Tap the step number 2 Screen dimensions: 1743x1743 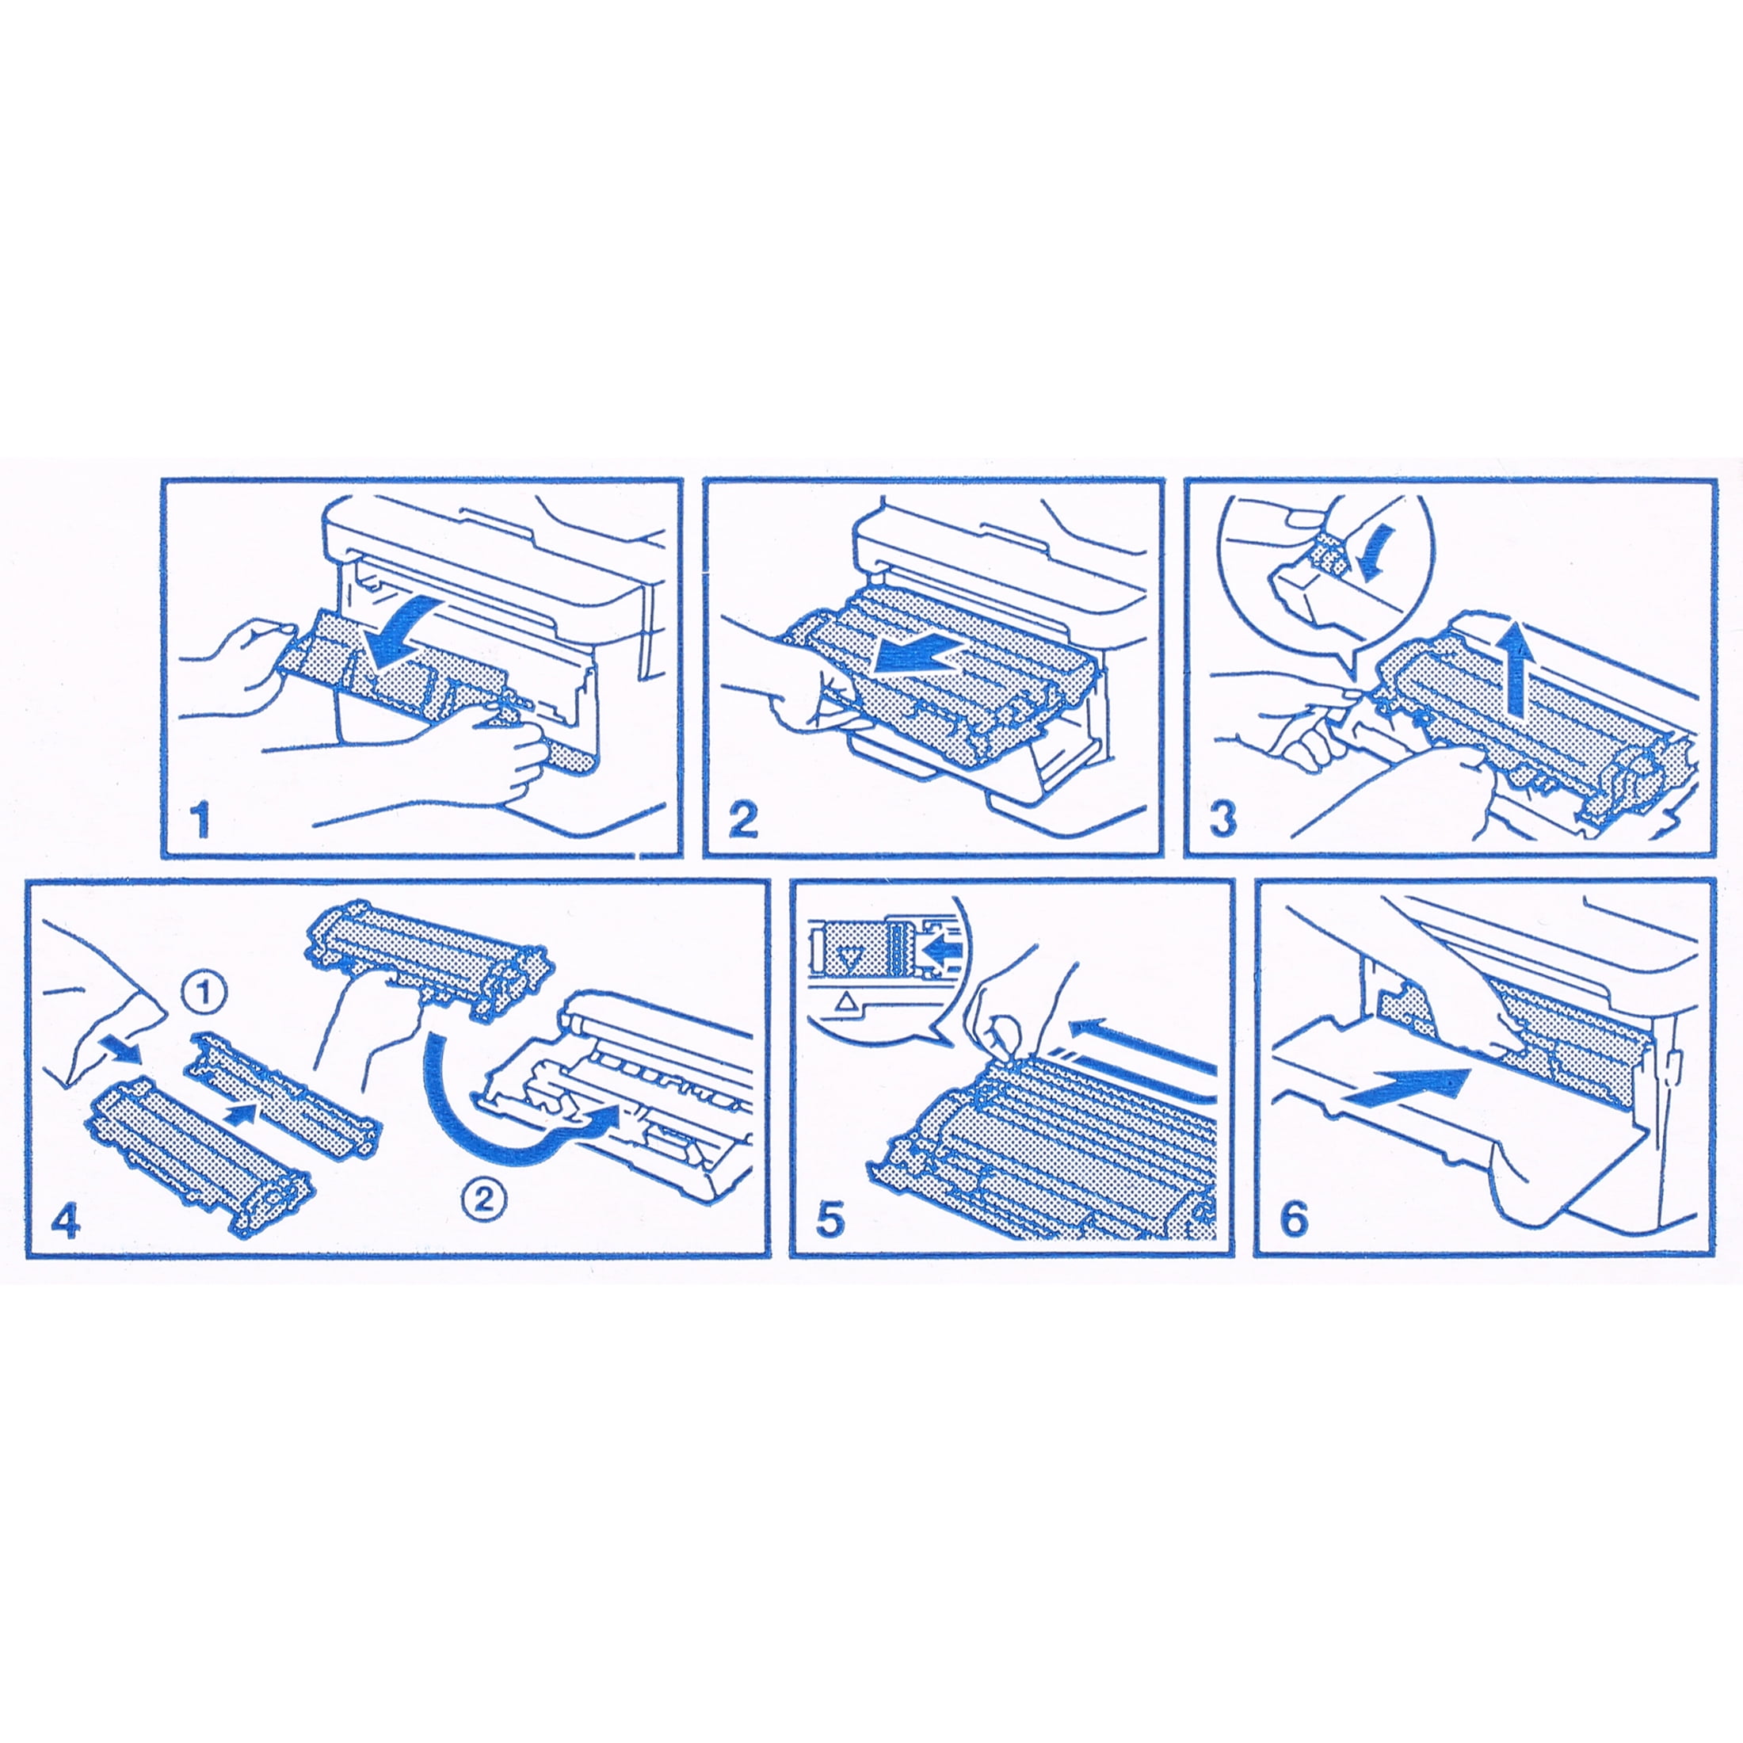pyautogui.click(x=742, y=820)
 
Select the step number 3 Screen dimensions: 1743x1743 pyautogui.click(x=1222, y=820)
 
